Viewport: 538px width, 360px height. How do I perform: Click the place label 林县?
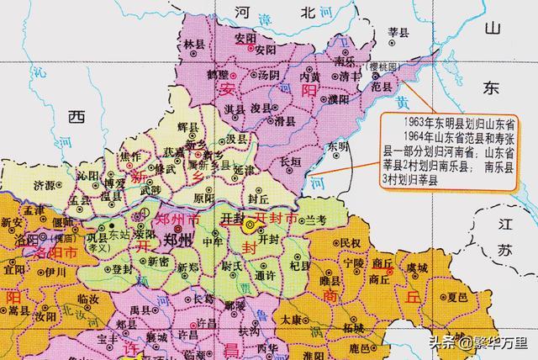(x=194, y=43)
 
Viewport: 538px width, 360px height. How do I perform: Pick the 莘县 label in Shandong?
(x=398, y=32)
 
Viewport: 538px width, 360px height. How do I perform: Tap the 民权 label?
(x=351, y=242)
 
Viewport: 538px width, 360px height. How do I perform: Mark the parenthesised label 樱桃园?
(x=373, y=66)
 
